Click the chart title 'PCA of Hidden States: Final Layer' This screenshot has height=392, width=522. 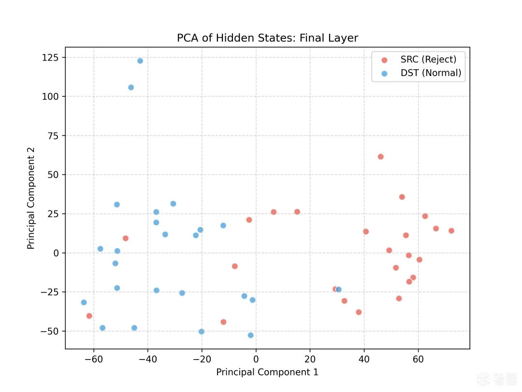[x=267, y=38]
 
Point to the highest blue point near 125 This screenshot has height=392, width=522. [x=140, y=61]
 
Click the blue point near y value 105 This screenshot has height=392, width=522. [x=131, y=88]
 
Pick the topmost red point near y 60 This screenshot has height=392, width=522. [x=380, y=157]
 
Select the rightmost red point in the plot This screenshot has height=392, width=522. [x=451, y=231]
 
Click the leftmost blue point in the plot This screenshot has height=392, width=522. [x=84, y=302]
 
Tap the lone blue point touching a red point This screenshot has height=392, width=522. [x=339, y=290]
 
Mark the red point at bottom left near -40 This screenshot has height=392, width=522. [x=89, y=316]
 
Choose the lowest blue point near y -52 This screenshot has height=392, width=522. [x=250, y=335]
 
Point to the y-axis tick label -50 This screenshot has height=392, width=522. [x=49, y=332]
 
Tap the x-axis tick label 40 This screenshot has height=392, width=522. [x=364, y=359]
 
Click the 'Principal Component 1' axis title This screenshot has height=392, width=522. [x=267, y=372]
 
